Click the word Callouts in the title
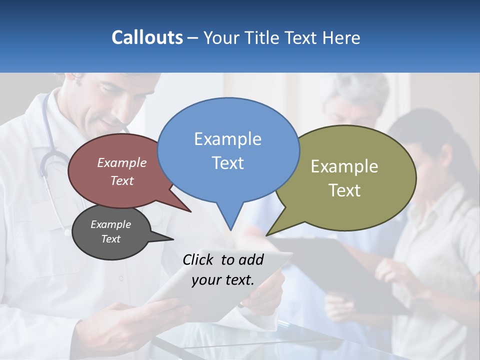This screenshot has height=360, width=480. pos(147,37)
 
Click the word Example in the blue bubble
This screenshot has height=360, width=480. pos(227,139)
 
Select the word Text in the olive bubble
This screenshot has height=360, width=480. pos(344,190)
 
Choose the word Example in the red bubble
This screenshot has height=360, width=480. pos(121,162)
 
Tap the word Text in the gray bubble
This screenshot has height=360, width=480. pos(110,239)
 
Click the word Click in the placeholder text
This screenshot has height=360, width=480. pos(199,259)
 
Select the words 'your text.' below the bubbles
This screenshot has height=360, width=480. pos(223,280)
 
